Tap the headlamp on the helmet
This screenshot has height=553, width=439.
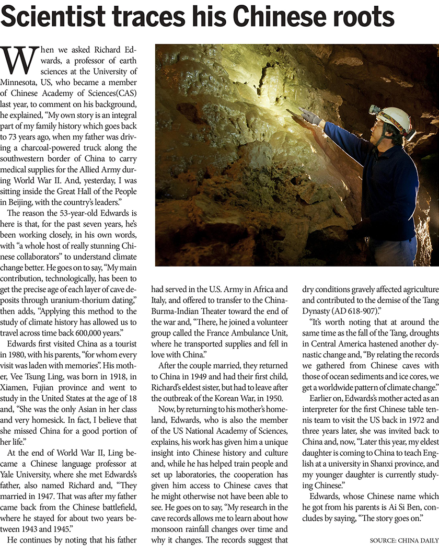374,109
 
